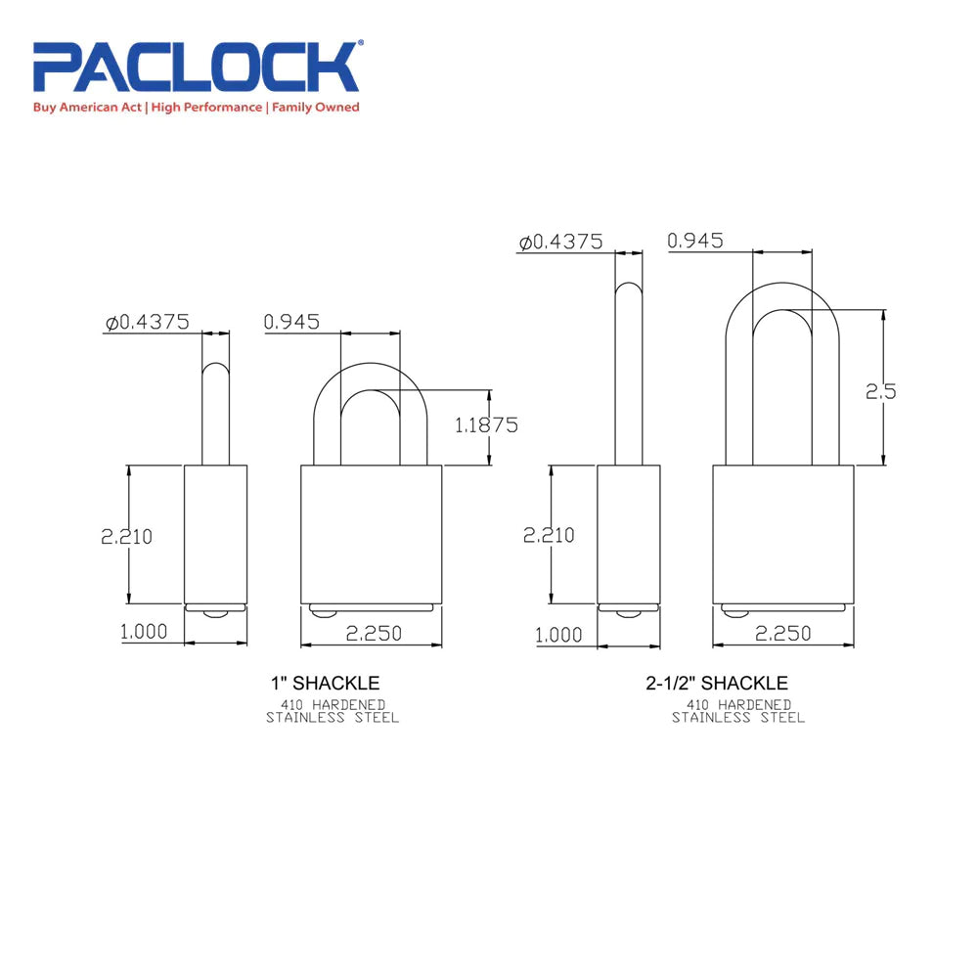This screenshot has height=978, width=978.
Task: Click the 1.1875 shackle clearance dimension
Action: pyautogui.click(x=485, y=424)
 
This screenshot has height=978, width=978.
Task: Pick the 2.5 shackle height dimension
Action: pyautogui.click(x=880, y=391)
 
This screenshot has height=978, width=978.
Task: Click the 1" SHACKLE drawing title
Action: pyautogui.click(x=325, y=683)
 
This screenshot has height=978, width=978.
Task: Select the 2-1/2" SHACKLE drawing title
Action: pyautogui.click(x=717, y=683)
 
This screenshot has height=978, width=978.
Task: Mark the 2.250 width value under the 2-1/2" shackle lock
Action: pyautogui.click(x=783, y=634)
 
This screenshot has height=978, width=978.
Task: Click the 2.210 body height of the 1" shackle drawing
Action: pyautogui.click(x=126, y=536)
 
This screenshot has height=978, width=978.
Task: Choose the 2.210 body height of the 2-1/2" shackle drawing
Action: pyautogui.click(x=549, y=536)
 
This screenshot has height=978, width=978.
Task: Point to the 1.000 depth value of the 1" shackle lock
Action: pyautogui.click(x=144, y=633)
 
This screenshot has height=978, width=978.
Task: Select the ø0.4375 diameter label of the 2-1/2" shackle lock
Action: pyautogui.click(x=560, y=242)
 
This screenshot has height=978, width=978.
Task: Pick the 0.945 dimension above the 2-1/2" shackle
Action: pyautogui.click(x=695, y=241)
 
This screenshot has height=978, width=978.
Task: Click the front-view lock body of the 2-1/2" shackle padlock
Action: pyautogui.click(x=783, y=533)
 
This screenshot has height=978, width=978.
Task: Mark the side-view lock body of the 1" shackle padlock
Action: pyautogui.click(x=216, y=533)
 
